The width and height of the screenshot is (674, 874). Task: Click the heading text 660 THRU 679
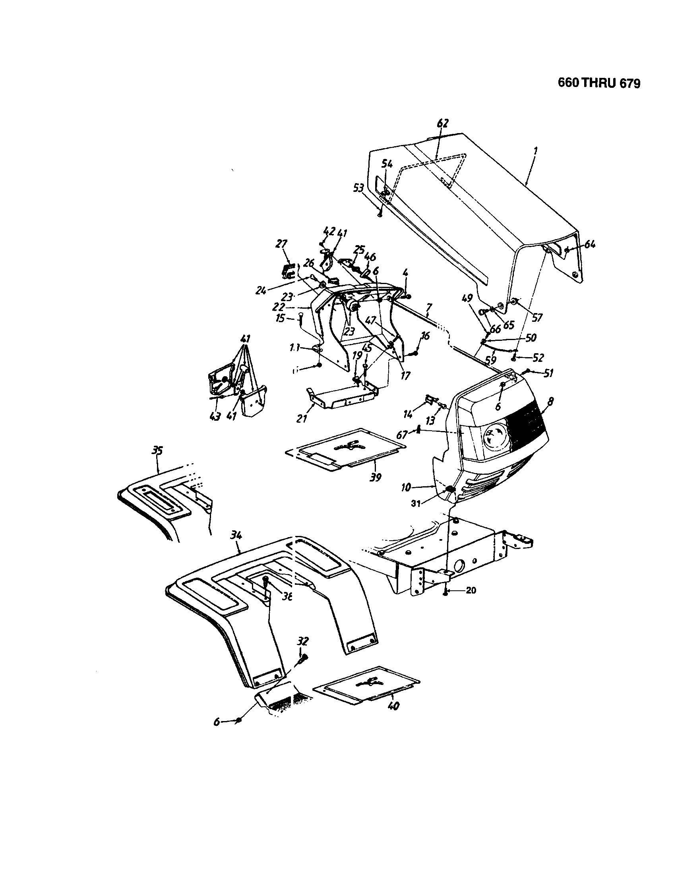599,83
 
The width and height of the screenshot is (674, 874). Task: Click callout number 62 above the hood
443,123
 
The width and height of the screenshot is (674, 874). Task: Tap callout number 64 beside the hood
589,244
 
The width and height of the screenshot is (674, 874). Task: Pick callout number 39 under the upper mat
376,477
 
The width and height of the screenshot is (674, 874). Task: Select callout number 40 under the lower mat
394,706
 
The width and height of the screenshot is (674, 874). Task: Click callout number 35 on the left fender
157,451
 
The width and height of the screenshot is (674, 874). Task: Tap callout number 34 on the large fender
236,535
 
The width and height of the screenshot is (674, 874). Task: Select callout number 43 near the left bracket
215,417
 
